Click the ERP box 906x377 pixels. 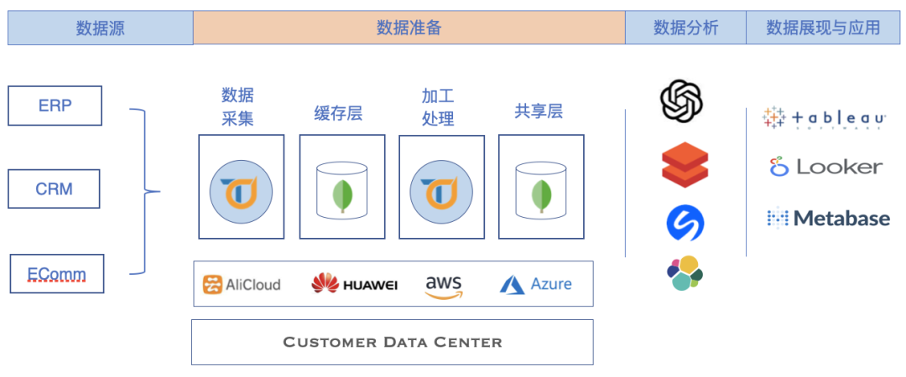[55, 106]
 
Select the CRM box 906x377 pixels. [54, 188]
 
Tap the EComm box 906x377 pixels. [57, 274]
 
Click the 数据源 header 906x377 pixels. [100, 28]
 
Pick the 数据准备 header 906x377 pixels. [409, 28]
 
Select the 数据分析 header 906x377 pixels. [685, 28]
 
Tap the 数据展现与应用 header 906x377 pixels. [823, 28]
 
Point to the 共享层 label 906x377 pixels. [539, 111]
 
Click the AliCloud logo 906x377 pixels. [242, 284]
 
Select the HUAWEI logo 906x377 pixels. [354, 284]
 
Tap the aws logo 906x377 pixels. [444, 285]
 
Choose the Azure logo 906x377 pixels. [536, 284]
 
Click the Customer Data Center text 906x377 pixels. [393, 342]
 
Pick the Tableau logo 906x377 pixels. [823, 119]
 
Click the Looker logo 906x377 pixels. [826, 167]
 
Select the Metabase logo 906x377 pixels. [828, 219]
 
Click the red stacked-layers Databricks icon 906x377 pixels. [685, 164]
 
